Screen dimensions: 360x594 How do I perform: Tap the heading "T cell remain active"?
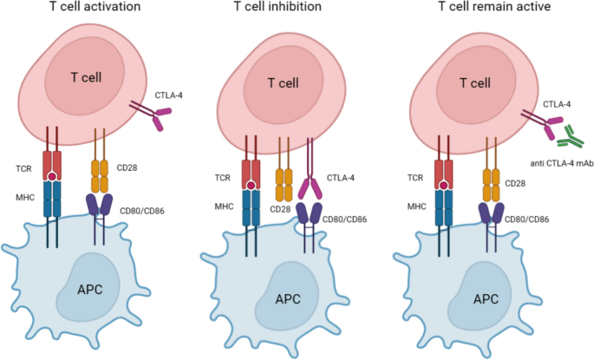[492, 10]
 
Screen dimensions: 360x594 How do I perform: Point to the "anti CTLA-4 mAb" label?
[555, 166]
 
